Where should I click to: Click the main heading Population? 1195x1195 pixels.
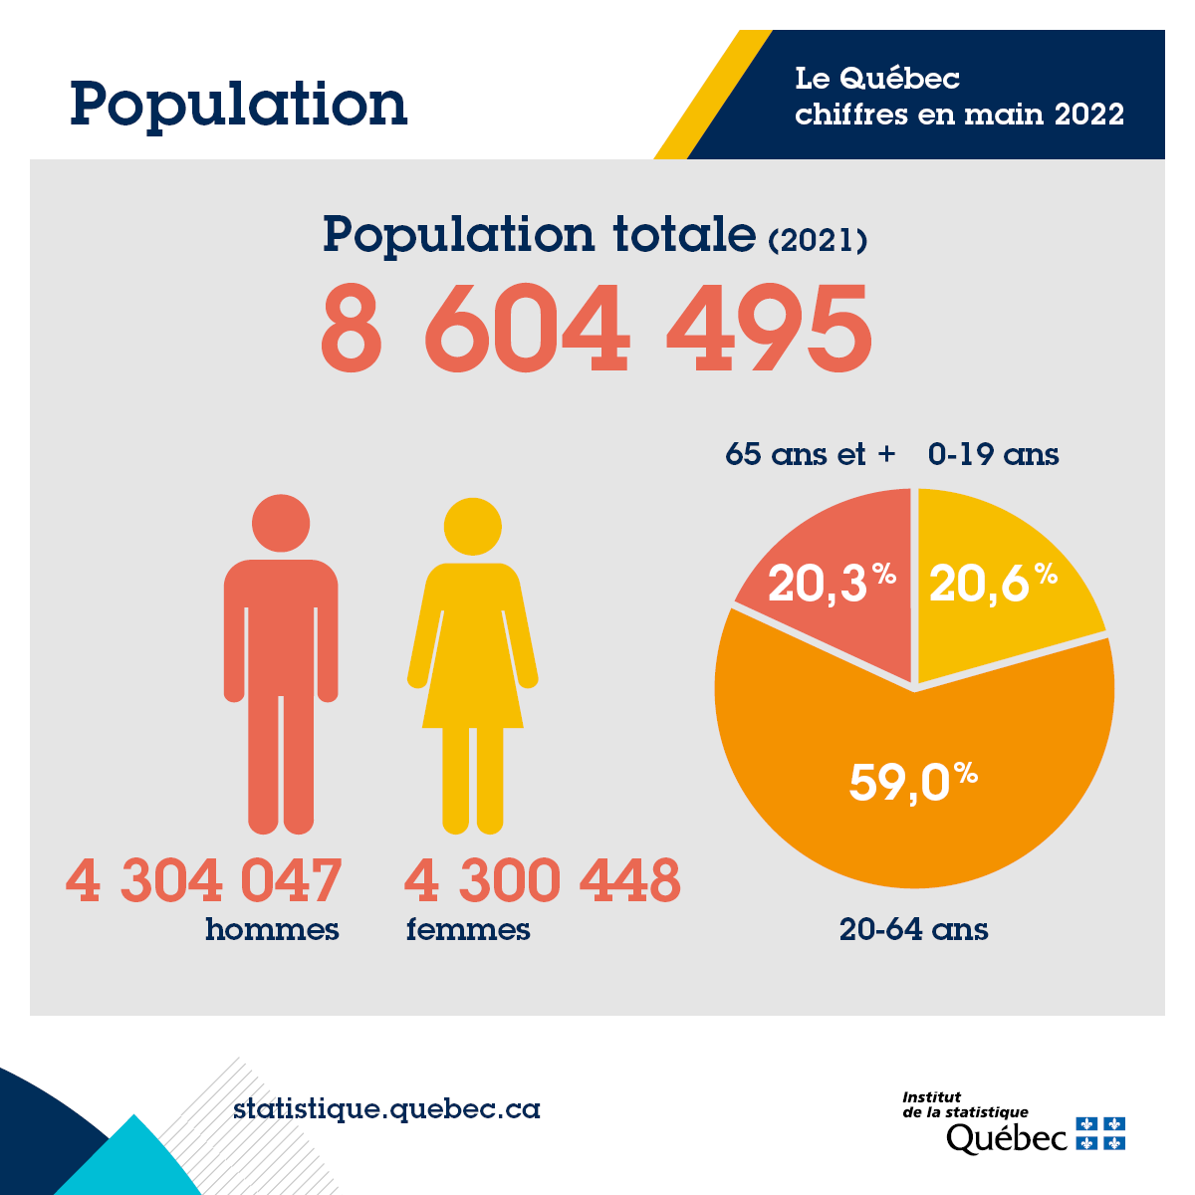(239, 105)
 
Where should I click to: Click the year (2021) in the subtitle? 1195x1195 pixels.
(818, 240)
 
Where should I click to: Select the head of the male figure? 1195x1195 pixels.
(281, 522)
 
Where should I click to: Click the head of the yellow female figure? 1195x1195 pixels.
(472, 526)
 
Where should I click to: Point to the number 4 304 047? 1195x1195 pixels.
(204, 880)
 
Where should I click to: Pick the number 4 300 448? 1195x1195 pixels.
(543, 880)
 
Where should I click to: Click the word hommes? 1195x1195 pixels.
(272, 929)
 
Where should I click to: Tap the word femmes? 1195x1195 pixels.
(468, 929)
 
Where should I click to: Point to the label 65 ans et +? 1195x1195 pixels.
(811, 454)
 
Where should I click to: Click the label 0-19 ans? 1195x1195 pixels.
(993, 454)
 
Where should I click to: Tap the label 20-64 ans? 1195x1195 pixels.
(913, 929)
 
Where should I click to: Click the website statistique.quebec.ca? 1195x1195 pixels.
(386, 1108)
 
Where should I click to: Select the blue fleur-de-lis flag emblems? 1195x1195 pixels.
(1101, 1133)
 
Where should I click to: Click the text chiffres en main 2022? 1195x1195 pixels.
(959, 114)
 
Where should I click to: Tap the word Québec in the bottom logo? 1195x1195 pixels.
(1006, 1137)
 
